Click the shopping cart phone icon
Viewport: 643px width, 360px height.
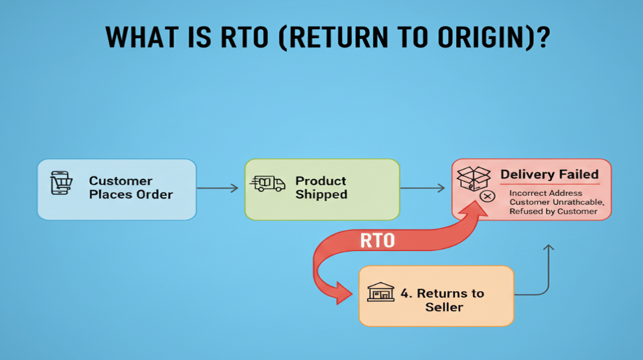pos(61,183)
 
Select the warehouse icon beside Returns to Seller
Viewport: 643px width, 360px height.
pos(381,293)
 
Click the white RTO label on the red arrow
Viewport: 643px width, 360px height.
pos(377,241)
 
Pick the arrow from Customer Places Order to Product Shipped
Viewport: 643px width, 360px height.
pos(217,188)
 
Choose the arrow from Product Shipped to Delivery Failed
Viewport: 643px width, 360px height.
pos(423,188)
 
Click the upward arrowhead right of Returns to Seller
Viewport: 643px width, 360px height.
pos(548,248)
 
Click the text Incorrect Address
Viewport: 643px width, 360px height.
pos(546,193)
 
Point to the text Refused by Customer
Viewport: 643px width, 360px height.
pos(553,211)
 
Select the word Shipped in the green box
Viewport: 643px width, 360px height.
pos(321,194)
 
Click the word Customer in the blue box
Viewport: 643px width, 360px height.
pos(121,181)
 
